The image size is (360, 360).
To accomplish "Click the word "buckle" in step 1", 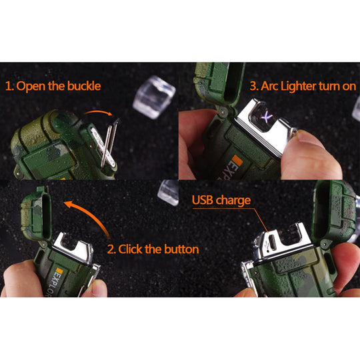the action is pos(84,86).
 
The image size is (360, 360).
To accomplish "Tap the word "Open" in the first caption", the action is pos(31,87).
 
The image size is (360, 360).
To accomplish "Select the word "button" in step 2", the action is pos(181,249).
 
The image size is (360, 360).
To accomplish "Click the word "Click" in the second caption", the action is pos(130,249).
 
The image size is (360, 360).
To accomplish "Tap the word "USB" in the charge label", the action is pos(202,200).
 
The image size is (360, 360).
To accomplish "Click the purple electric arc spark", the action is pos(267,117).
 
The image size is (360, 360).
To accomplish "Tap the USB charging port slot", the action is pos(273,242).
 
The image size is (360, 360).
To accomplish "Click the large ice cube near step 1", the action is pos(154,97).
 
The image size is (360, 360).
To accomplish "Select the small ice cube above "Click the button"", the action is pos(168,193).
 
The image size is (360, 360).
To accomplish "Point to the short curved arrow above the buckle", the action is pos(99,112).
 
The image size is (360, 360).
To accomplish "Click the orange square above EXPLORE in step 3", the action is pos(237,161).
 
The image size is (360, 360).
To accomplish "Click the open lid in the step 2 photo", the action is pos(36,213).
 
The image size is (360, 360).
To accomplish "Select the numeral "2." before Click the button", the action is pos(111,249).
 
